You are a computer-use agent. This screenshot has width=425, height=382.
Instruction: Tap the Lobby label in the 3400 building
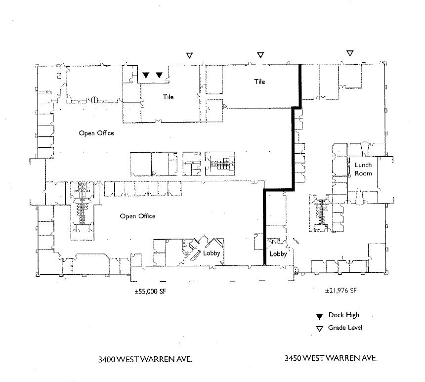tap(211, 254)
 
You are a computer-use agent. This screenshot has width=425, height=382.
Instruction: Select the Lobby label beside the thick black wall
tap(278, 254)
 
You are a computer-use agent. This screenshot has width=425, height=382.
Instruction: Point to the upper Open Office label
tap(96, 133)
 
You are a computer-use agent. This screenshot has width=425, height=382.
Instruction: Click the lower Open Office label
tap(137, 216)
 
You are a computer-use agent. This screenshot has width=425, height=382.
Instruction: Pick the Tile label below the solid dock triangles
tap(169, 97)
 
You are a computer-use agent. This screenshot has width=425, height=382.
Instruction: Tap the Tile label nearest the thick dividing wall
tap(259, 82)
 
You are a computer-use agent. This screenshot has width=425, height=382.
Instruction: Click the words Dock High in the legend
tap(344, 315)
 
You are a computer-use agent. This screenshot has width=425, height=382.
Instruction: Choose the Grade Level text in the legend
tap(345, 328)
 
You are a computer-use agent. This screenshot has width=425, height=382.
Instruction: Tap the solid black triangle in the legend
tap(319, 316)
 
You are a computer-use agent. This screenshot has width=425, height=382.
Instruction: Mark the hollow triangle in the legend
tap(319, 329)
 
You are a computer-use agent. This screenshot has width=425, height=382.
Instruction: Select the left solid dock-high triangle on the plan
tap(146, 75)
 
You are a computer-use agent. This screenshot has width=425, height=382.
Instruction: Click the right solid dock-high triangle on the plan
tap(159, 75)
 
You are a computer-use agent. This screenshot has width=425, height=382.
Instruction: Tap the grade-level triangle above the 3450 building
tap(350, 53)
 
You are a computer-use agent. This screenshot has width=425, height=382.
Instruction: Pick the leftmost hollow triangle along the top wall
tap(188, 56)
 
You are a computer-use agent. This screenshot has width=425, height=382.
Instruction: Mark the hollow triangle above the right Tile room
tap(260, 55)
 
